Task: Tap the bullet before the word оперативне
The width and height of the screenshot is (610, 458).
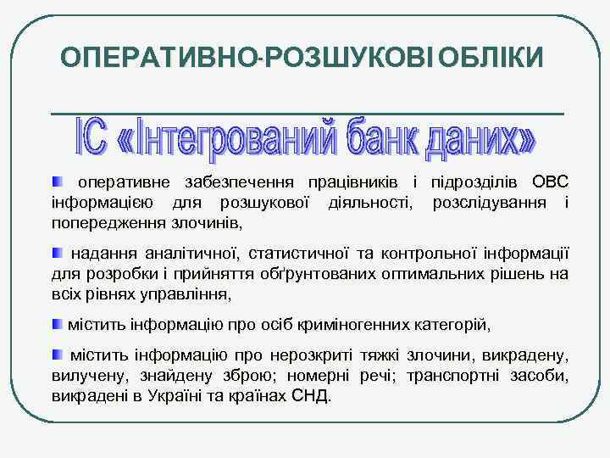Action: (x=58, y=182)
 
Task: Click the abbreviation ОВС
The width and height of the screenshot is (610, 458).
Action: (x=550, y=182)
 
